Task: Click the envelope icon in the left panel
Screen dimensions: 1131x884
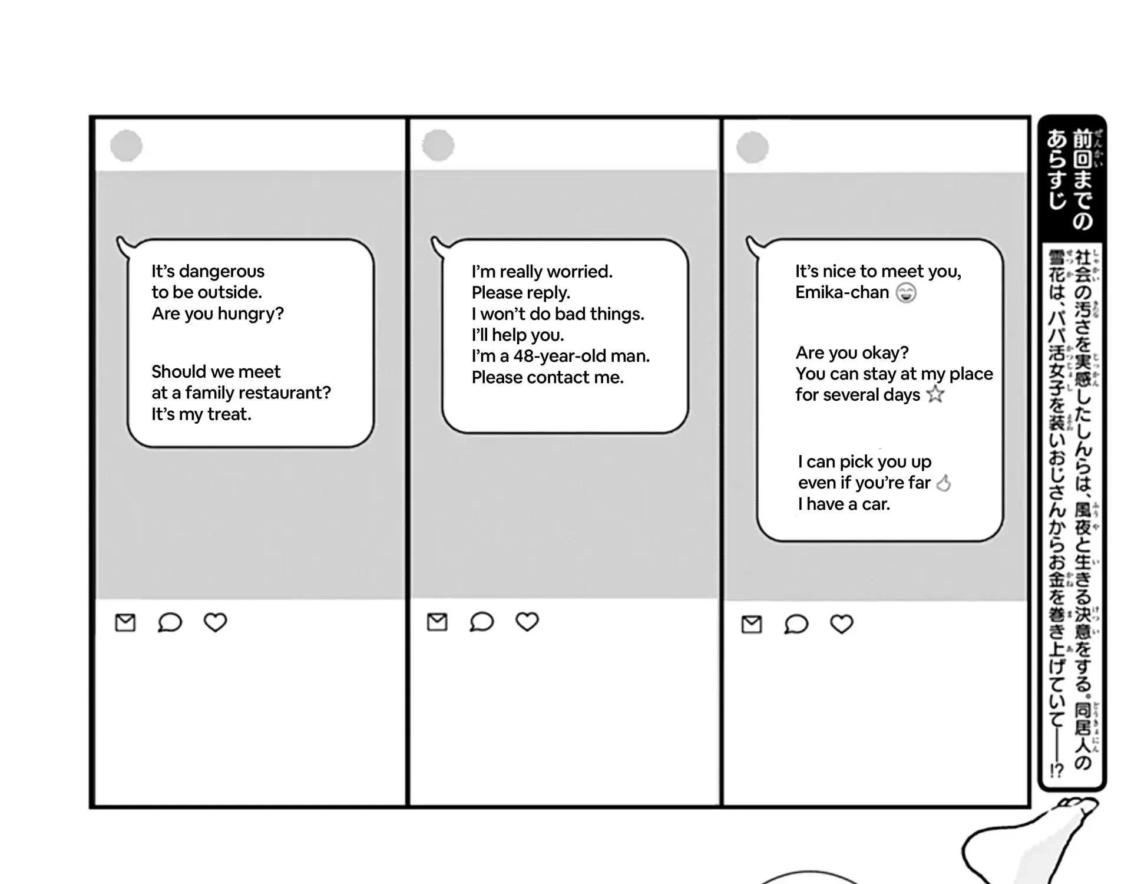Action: [125, 622]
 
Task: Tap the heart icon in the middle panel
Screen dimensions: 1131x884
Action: [527, 622]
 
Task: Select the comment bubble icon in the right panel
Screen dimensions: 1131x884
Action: [796, 624]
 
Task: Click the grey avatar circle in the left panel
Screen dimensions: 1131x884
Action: [127, 146]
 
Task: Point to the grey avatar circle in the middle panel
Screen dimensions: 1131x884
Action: [438, 146]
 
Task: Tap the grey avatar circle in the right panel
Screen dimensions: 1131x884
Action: [753, 147]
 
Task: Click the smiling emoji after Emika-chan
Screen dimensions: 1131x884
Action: [906, 293]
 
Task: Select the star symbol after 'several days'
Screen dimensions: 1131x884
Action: [935, 394]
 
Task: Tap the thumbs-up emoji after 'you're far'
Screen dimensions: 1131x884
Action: [944, 483]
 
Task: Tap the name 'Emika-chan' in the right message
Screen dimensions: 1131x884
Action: [842, 292]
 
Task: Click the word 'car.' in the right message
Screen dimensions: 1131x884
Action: [876, 504]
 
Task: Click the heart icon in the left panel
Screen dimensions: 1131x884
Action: [215, 622]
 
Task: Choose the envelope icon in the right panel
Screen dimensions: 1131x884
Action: [751, 624]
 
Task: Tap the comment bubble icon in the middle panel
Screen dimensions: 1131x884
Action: [481, 622]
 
